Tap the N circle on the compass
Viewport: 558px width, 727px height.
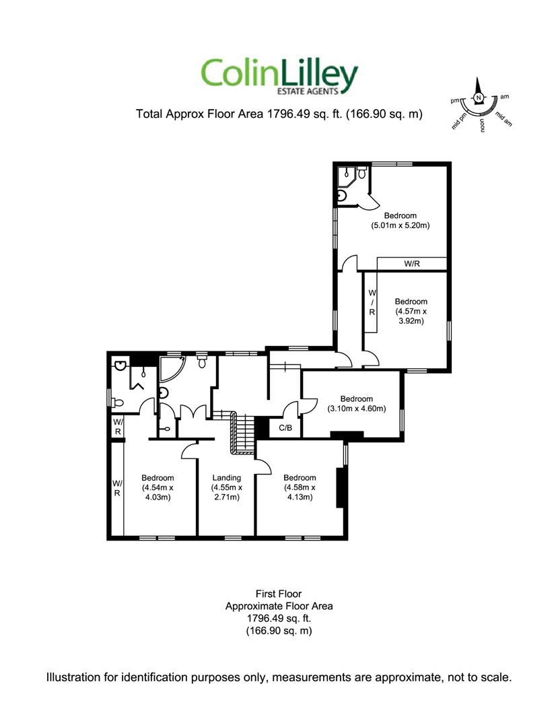(x=479, y=98)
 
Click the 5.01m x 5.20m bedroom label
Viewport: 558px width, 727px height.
(x=400, y=221)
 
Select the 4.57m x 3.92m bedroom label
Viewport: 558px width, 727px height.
(x=411, y=311)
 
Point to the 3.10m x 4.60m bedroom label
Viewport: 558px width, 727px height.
(x=356, y=404)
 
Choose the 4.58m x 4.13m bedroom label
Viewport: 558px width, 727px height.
(x=300, y=487)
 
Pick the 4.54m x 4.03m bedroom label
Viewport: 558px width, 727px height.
(x=158, y=487)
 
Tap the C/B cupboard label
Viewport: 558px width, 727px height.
(x=285, y=428)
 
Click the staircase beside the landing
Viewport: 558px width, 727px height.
(x=242, y=432)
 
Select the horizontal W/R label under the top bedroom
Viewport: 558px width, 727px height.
(x=411, y=264)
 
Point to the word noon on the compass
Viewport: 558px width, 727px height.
(x=483, y=126)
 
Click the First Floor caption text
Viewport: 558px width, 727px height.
(x=279, y=594)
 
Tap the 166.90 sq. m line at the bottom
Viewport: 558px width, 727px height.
(x=279, y=631)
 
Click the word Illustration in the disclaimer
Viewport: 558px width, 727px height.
(x=73, y=677)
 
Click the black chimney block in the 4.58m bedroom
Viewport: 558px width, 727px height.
(x=340, y=488)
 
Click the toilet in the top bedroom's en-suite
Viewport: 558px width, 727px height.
(x=362, y=173)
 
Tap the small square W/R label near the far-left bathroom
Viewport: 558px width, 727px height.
(x=118, y=427)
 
